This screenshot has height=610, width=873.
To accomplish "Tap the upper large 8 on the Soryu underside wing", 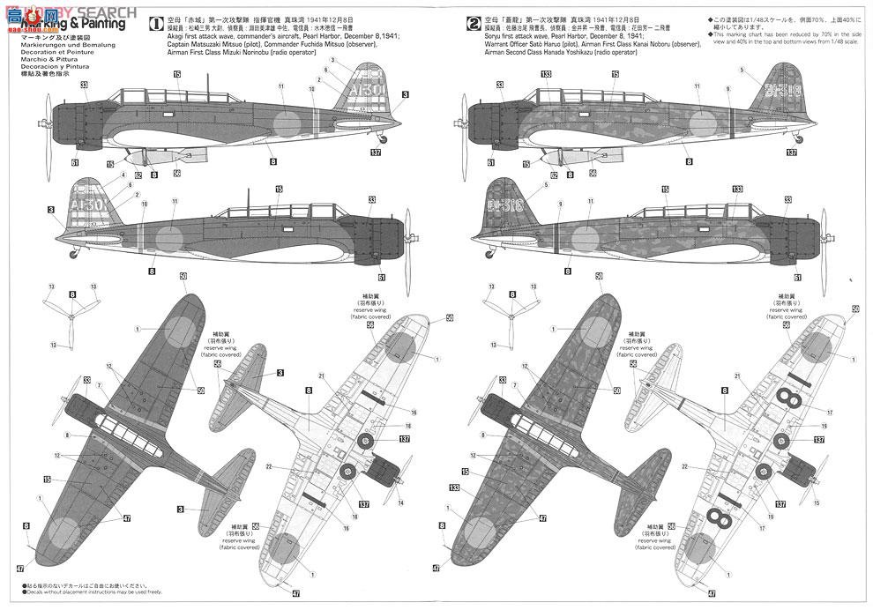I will [x=792, y=399].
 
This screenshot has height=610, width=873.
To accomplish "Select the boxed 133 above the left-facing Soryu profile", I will [x=546, y=74].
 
